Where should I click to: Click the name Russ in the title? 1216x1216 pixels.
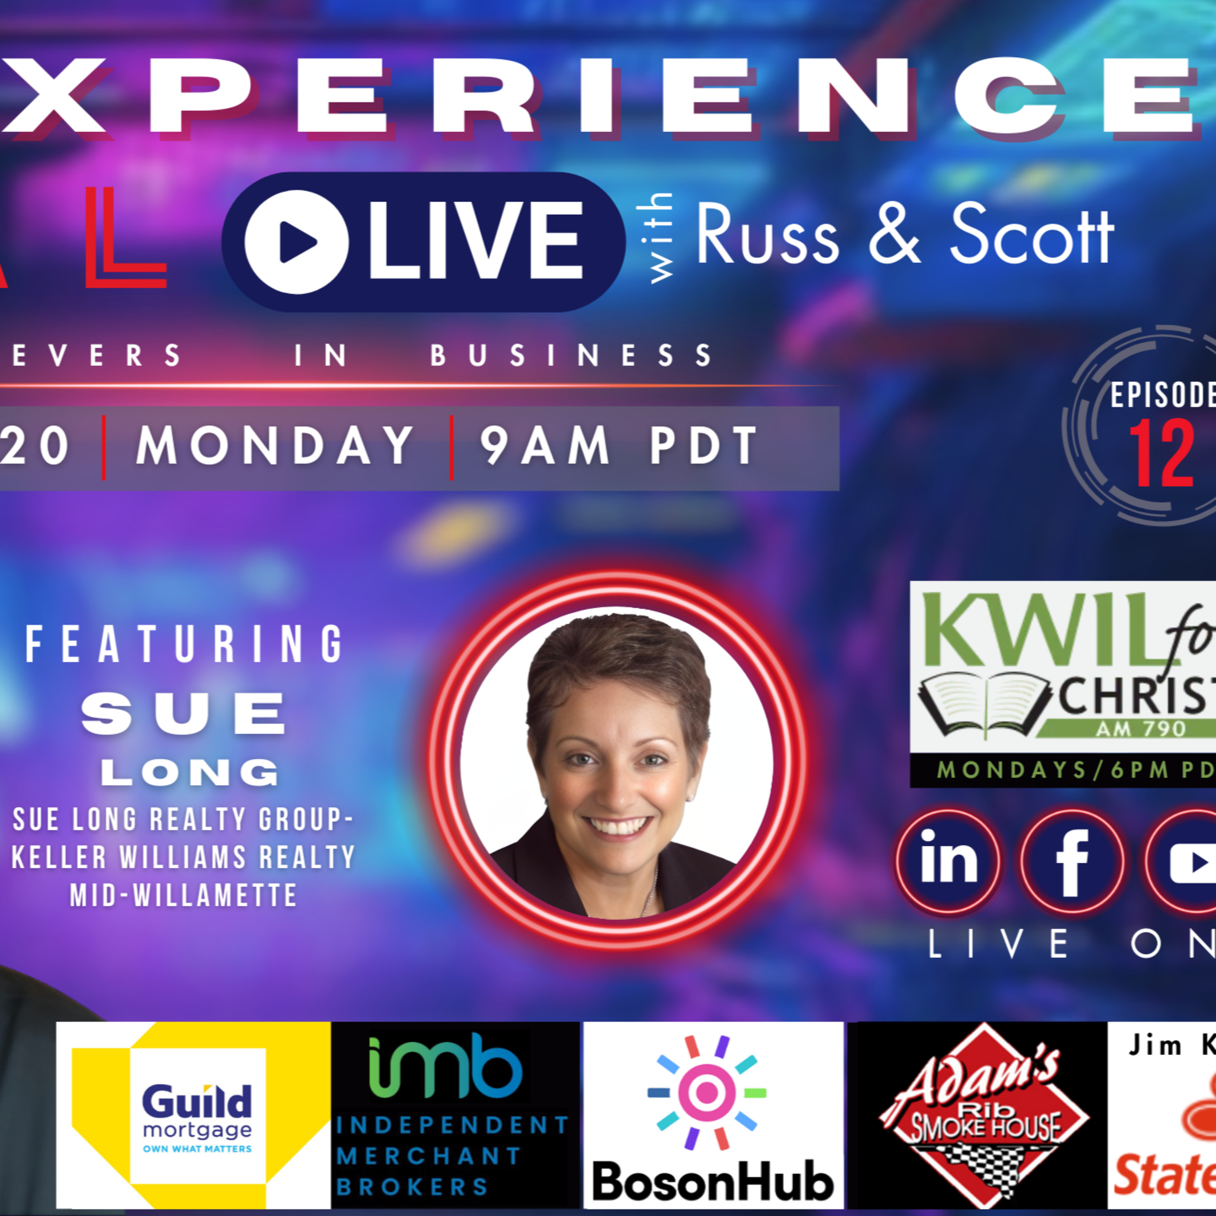767,236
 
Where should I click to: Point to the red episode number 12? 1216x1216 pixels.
1161,453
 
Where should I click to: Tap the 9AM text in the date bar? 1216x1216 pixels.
544,445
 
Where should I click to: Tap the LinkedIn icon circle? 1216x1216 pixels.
948,861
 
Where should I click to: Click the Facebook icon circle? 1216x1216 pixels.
1072,861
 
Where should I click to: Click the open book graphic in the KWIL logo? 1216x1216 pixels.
983,704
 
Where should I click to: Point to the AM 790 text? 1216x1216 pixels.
1141,729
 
